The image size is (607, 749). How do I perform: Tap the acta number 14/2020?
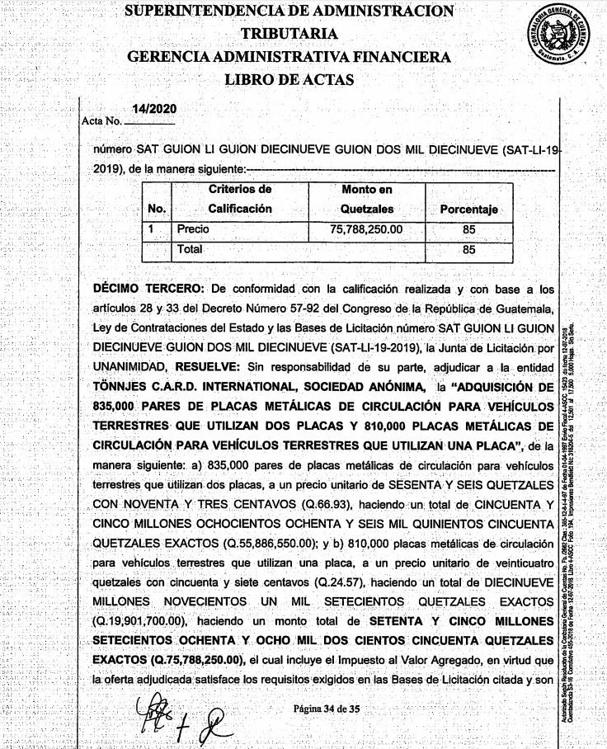coord(153,110)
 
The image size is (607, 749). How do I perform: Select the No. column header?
coord(157,210)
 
